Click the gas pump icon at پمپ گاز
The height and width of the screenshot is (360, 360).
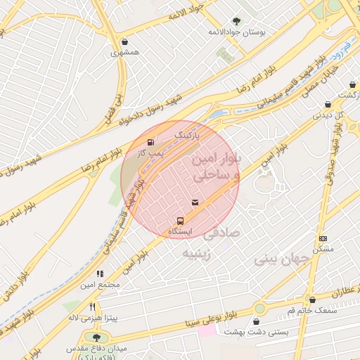pyautogui.click(x=150, y=143)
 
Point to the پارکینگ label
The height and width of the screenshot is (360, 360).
pyautogui.click(x=187, y=132)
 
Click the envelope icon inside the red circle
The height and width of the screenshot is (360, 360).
pyautogui.click(x=195, y=202)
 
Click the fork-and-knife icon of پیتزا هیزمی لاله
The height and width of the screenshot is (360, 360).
pyautogui.click(x=93, y=307)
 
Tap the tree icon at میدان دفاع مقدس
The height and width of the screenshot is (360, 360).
pyautogui.click(x=95, y=337)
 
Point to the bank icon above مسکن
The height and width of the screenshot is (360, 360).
pyautogui.click(x=323, y=239)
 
